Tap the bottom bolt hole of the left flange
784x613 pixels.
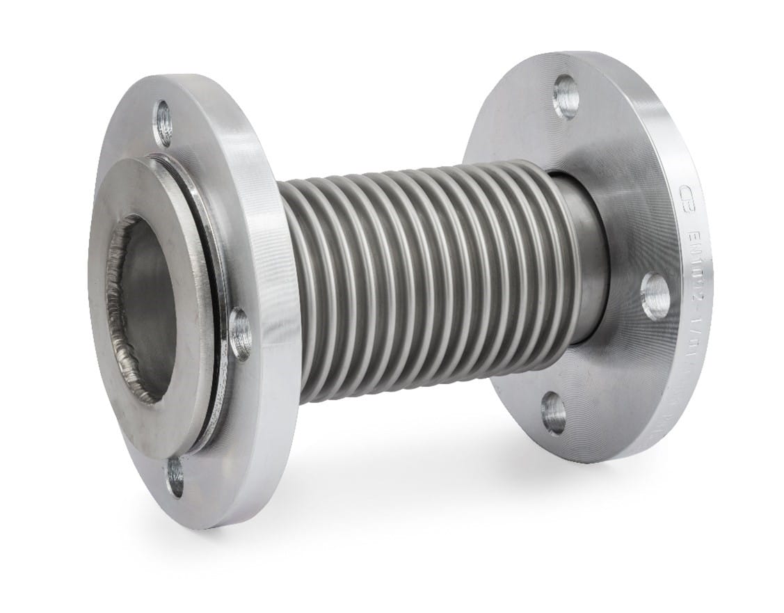click(x=176, y=475)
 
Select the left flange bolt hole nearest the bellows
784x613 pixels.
click(x=241, y=333)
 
